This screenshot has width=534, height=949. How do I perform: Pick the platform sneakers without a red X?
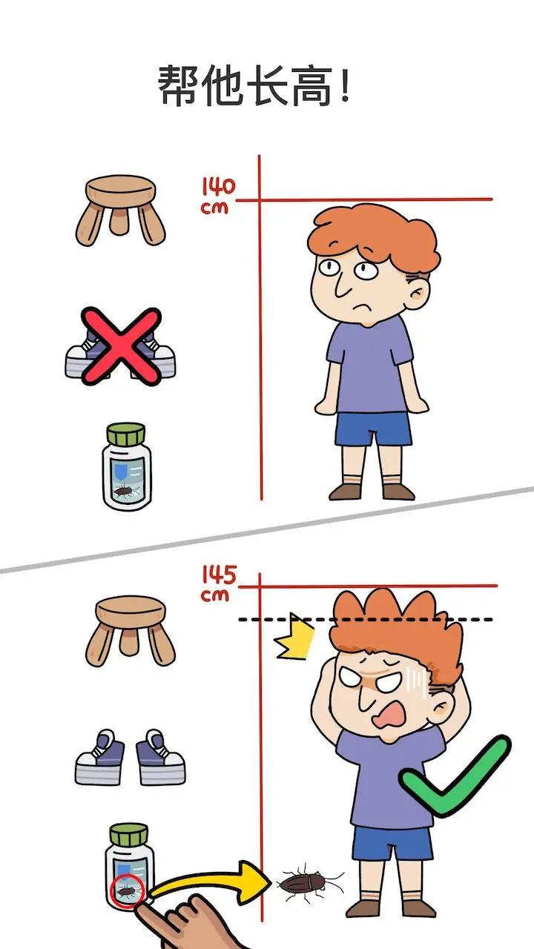[x=130, y=757]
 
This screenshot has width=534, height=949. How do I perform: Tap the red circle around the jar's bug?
[x=125, y=890]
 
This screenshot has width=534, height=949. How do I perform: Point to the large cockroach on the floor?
[x=308, y=883]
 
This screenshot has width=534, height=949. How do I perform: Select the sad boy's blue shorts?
[x=372, y=429]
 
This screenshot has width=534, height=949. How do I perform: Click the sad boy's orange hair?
[x=375, y=237]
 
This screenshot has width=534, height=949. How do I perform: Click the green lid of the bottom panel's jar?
[x=128, y=833]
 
